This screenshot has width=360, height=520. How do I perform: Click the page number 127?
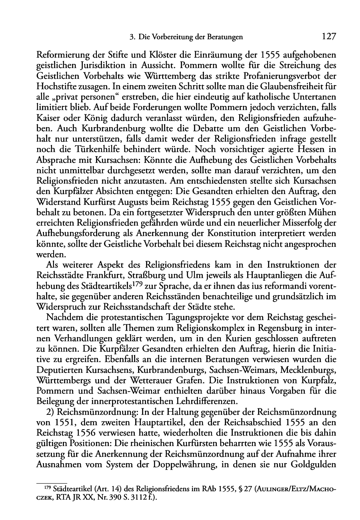[x=328, y=37]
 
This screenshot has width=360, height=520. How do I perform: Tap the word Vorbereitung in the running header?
[x=172, y=37]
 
